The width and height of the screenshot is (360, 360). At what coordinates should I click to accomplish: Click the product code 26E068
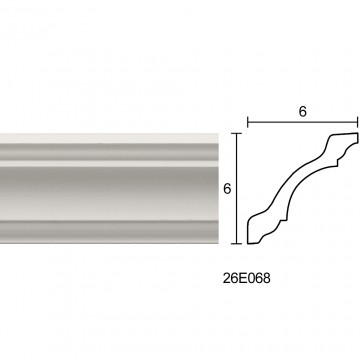(246, 278)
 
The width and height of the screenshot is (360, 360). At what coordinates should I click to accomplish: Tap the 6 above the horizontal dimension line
(302, 112)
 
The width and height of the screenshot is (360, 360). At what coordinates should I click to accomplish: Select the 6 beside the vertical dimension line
(227, 189)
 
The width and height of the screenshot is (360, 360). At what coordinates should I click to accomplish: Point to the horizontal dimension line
(303, 122)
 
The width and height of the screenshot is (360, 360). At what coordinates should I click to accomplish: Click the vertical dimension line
(237, 189)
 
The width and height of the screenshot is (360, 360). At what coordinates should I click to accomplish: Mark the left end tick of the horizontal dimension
(247, 122)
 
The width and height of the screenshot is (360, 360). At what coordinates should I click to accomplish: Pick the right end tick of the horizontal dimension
(358, 122)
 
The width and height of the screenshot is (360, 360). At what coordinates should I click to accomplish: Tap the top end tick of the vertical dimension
(237, 133)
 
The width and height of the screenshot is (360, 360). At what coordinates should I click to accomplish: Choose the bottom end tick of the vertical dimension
(237, 244)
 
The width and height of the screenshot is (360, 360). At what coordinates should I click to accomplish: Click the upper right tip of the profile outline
(357, 134)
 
